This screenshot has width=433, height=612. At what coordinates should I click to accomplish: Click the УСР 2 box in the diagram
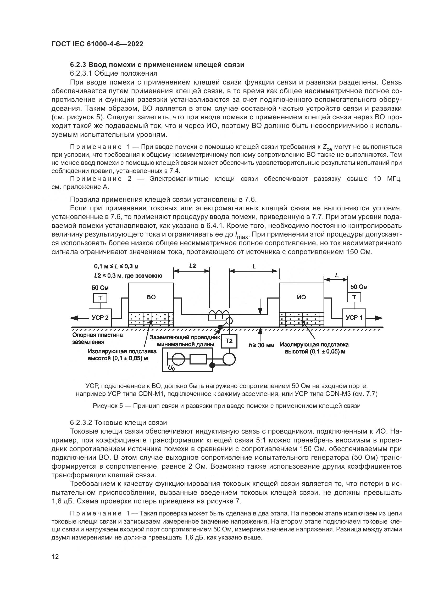[x=100, y=318]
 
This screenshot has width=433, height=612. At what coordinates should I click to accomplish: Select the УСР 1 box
[x=354, y=318]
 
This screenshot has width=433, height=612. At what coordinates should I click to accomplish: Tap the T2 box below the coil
[x=229, y=341]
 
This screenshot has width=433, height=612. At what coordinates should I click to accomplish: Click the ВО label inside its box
[x=151, y=297]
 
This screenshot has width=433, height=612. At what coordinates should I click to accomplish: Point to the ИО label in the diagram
[x=301, y=297]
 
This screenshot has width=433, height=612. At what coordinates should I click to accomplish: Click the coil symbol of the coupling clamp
[x=219, y=314]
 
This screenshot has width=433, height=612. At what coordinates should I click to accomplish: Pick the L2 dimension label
[x=192, y=266]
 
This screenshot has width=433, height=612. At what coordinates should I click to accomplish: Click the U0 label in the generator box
[x=171, y=368]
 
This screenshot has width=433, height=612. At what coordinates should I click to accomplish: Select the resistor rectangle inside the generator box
[x=198, y=359]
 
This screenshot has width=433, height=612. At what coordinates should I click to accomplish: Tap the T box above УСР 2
[x=100, y=298]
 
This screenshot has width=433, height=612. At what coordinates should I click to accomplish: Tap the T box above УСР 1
[x=354, y=297]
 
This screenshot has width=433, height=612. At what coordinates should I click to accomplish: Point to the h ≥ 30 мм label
[x=261, y=345]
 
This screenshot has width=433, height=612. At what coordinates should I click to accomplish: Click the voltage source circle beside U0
[x=176, y=359]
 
